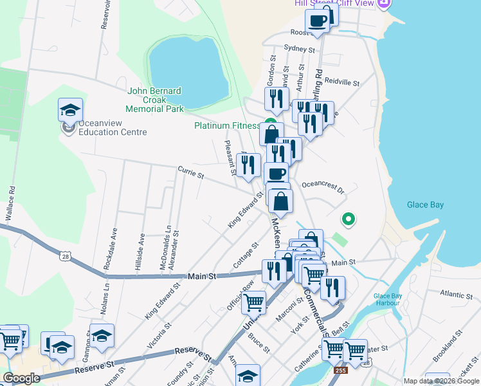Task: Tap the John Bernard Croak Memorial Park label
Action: (156, 100)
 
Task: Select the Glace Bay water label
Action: (425, 205)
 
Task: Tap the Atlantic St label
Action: (457, 295)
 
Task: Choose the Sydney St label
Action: (300, 49)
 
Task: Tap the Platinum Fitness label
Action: (227, 125)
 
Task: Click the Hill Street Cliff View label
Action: (334, 3)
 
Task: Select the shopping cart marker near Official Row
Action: (254, 301)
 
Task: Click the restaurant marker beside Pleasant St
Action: (248, 163)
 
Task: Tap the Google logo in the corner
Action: (21, 378)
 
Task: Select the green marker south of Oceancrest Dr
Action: (348, 220)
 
